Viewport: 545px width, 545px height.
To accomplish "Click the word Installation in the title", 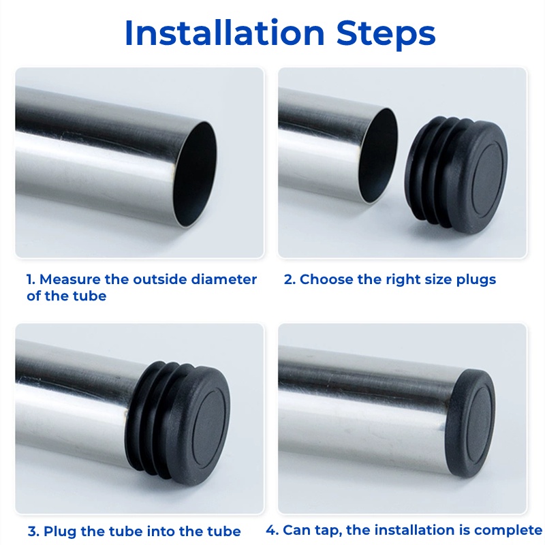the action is coord(225,33).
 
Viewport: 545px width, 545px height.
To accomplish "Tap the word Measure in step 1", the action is coord(69,279).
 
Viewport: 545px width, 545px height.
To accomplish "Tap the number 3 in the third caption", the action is coord(33,532).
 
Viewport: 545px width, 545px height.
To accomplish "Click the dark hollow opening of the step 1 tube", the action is coord(194,174).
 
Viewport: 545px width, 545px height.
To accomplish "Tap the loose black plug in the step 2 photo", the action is coord(456,175).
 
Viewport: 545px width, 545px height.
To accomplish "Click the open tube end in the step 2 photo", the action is coord(378,155).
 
